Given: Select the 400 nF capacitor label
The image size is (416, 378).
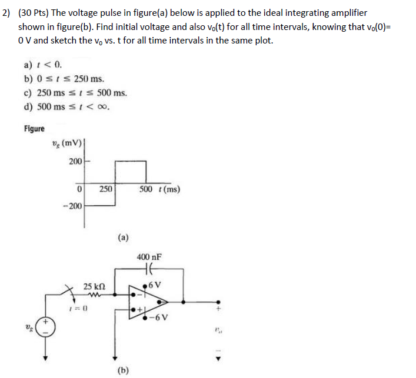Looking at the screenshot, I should [x=149, y=257].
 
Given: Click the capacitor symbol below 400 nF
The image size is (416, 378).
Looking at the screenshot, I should [x=149, y=269].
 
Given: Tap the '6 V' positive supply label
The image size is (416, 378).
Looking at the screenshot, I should [x=155, y=286].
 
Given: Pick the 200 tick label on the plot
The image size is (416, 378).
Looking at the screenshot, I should [x=75, y=161].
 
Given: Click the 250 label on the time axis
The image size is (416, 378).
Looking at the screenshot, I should [x=105, y=189].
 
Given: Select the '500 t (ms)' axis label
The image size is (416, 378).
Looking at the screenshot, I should [x=160, y=189].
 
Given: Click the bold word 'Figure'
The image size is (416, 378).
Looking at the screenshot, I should [x=34, y=129].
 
